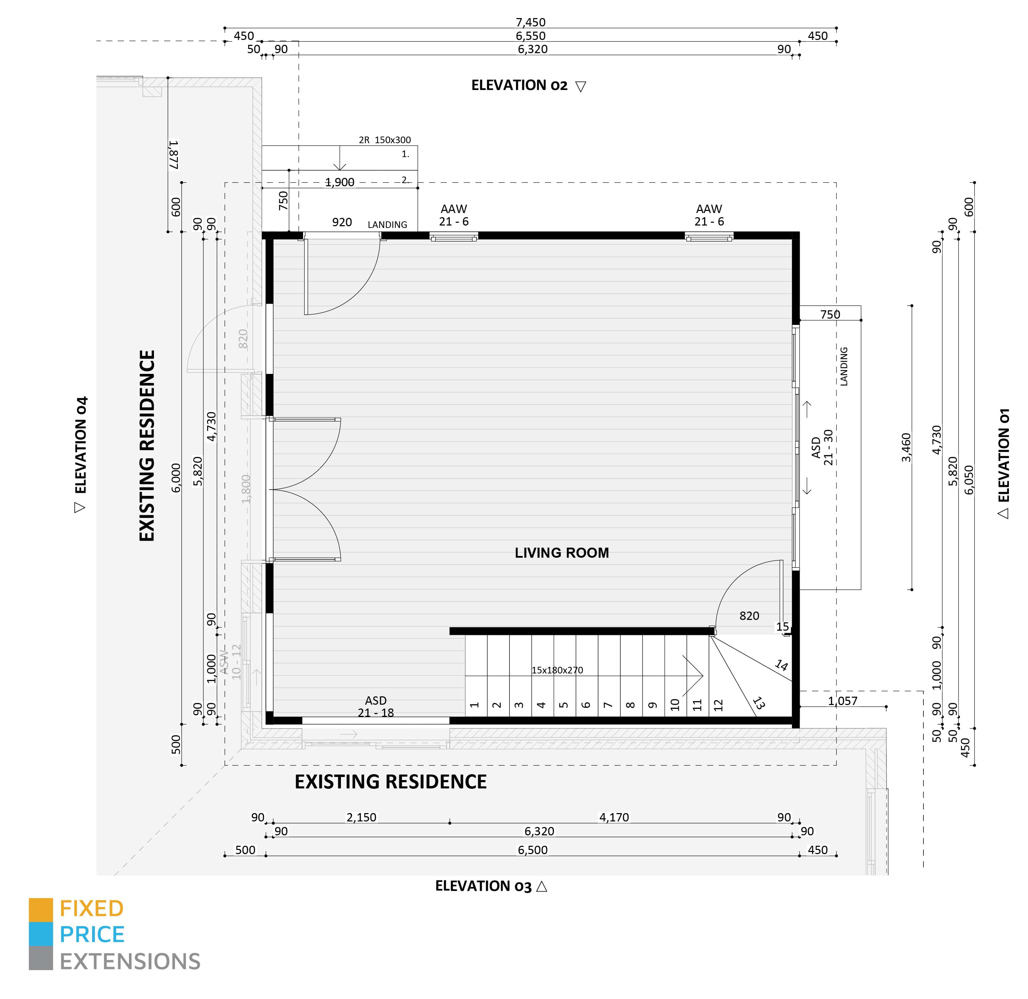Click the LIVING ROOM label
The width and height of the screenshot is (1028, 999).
point(562,553)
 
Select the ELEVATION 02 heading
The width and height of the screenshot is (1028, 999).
point(519,85)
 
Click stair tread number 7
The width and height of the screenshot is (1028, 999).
point(608,705)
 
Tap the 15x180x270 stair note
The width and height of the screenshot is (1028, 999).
point(557,670)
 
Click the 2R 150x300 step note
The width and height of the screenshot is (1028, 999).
point(385,140)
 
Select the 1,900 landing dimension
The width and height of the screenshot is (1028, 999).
point(340,182)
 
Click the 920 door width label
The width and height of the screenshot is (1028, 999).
point(342,222)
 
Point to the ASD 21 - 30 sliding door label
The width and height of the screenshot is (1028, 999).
point(822,448)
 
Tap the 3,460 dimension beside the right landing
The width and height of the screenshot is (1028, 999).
point(906,448)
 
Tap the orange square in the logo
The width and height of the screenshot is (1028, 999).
point(41,910)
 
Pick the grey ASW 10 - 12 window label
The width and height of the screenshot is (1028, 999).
point(230,662)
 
